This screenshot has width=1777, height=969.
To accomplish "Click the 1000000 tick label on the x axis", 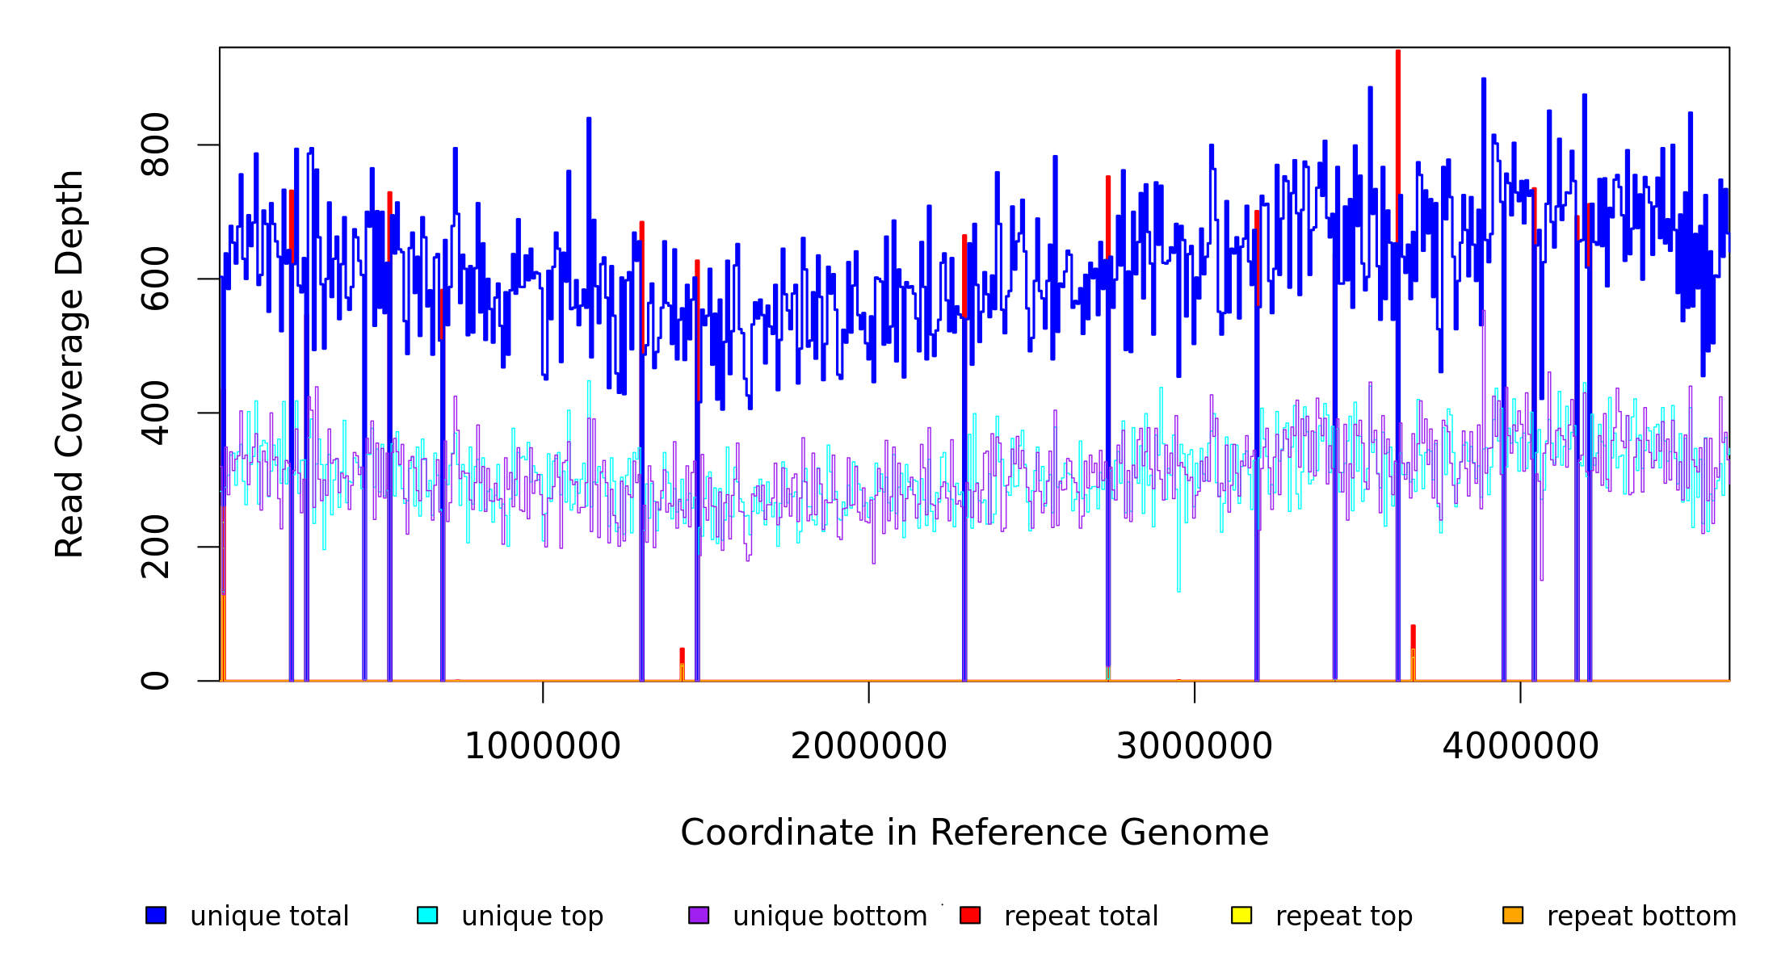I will click(x=542, y=746).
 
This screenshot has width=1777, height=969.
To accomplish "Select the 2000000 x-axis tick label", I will click(x=868, y=746).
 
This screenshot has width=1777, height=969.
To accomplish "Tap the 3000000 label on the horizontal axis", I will click(x=1194, y=746).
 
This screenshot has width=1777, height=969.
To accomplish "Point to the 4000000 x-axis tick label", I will click(x=1520, y=746).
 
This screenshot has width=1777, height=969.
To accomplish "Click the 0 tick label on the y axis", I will click(x=155, y=681).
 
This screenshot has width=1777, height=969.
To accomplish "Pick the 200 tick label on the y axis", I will click(x=155, y=547).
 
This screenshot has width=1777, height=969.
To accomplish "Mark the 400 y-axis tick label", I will click(x=155, y=413).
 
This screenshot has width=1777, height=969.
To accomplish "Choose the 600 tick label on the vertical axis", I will click(x=155, y=279).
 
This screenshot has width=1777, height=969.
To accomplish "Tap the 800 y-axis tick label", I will click(x=155, y=145).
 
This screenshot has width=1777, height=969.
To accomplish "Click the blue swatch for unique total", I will click(x=156, y=915).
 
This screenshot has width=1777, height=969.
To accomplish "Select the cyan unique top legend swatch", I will click(x=427, y=915).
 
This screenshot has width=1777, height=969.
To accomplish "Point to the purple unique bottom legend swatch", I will click(x=699, y=915).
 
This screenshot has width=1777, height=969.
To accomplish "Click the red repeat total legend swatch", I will click(x=970, y=915).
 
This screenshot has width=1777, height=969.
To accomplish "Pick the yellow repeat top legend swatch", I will click(x=1241, y=915).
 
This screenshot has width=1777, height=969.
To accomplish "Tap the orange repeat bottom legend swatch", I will click(x=1513, y=915).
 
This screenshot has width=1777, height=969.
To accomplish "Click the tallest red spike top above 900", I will click(x=1397, y=52).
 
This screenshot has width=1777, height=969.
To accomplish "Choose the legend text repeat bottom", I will click(x=1641, y=917).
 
